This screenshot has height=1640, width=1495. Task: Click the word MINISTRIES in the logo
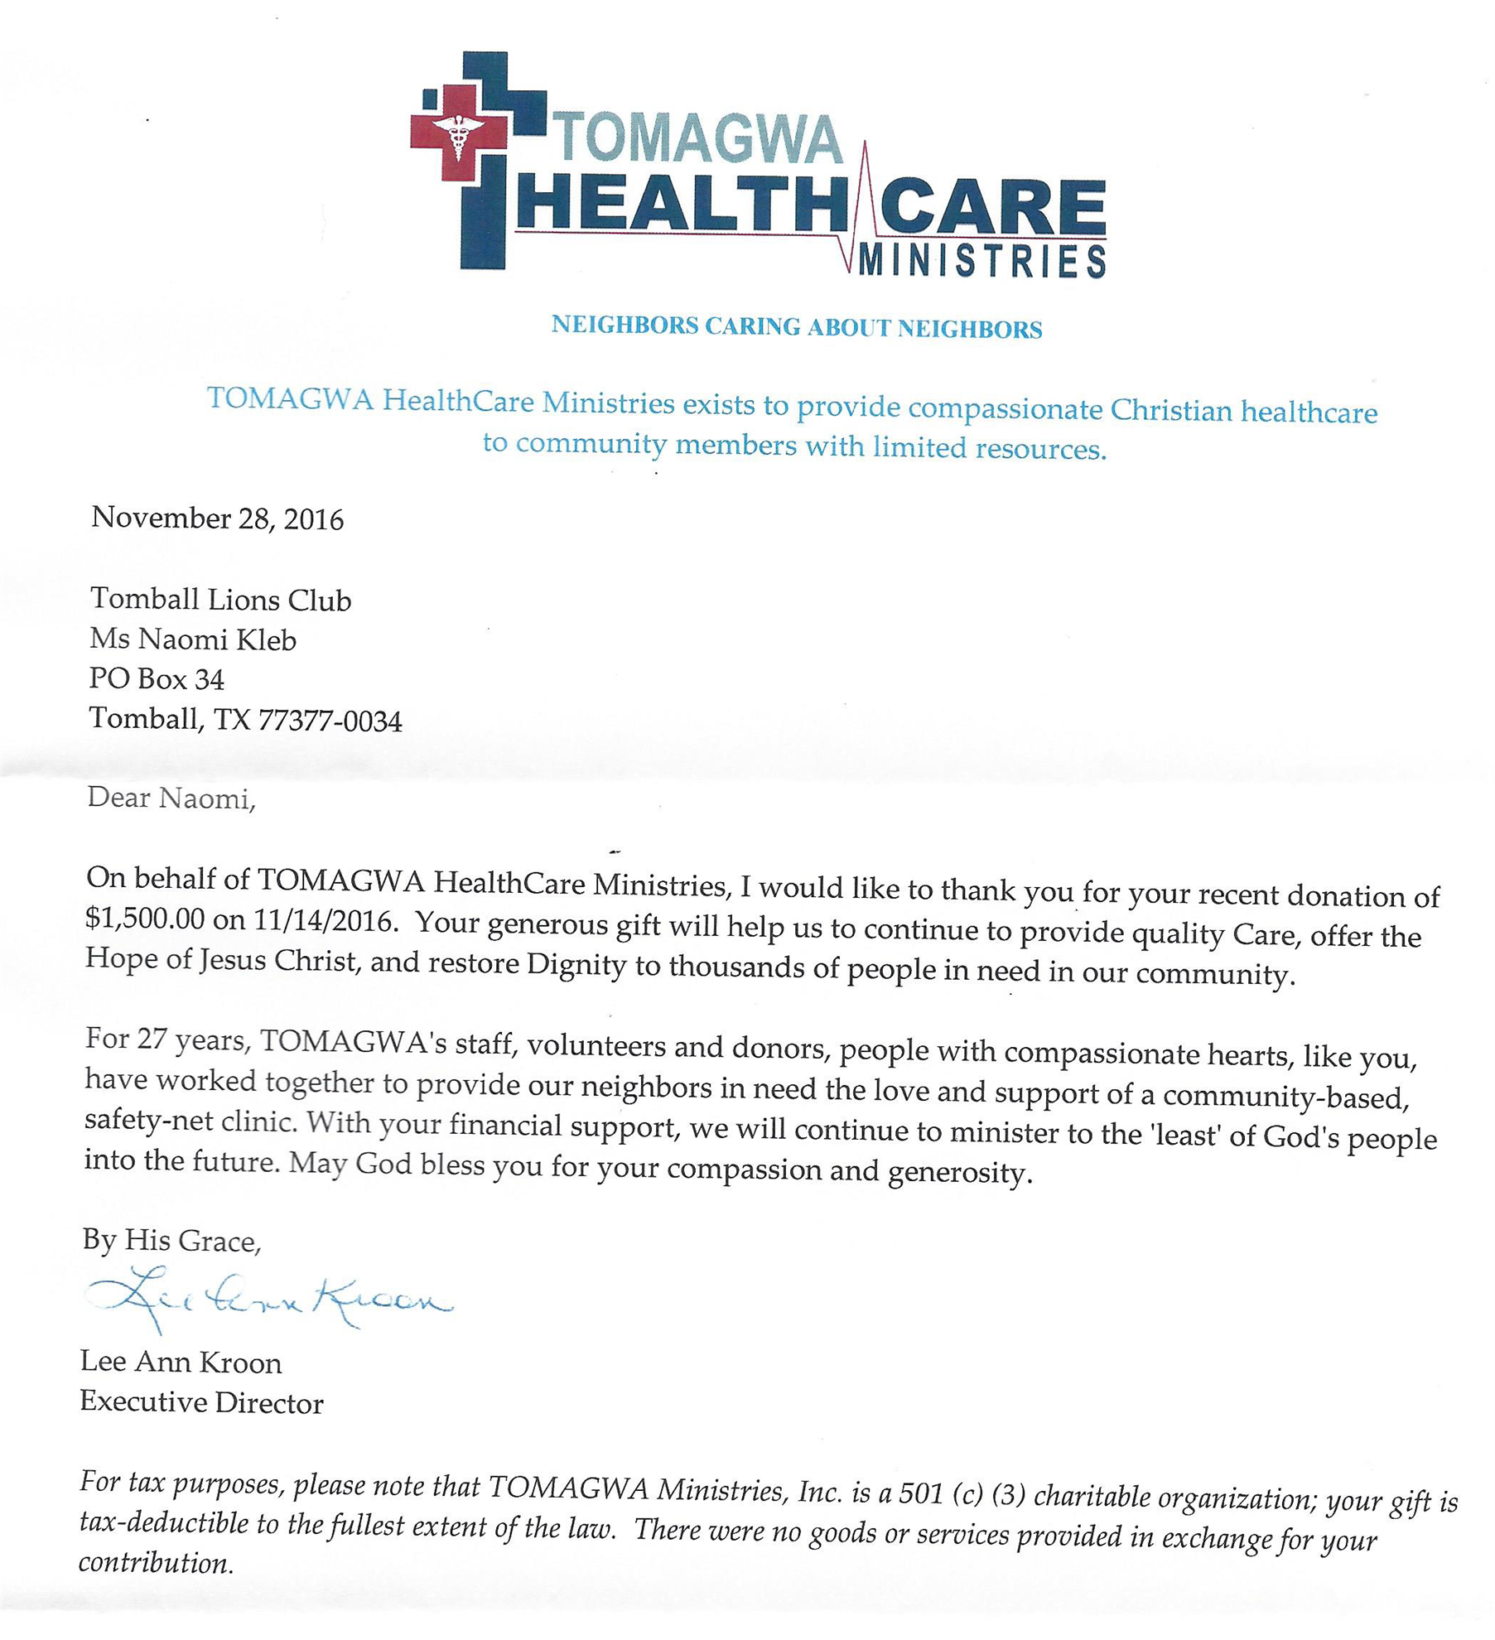[981, 262]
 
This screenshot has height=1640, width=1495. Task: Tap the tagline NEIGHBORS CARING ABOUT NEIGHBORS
[796, 327]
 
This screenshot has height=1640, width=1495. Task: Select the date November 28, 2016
[217, 519]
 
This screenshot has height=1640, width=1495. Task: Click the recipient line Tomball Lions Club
[220, 600]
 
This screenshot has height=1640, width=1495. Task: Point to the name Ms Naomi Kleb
[193, 639]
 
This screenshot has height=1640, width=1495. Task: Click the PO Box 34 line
[157, 679]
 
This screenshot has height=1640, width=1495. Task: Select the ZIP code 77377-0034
[330, 721]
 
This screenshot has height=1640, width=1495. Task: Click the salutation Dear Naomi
[171, 798]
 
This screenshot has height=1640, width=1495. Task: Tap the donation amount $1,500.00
[145, 919]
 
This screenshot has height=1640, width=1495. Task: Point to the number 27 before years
[152, 1039]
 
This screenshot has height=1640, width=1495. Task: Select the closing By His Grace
[171, 1241]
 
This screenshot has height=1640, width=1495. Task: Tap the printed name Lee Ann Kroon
[181, 1363]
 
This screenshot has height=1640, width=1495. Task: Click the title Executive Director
[201, 1402]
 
